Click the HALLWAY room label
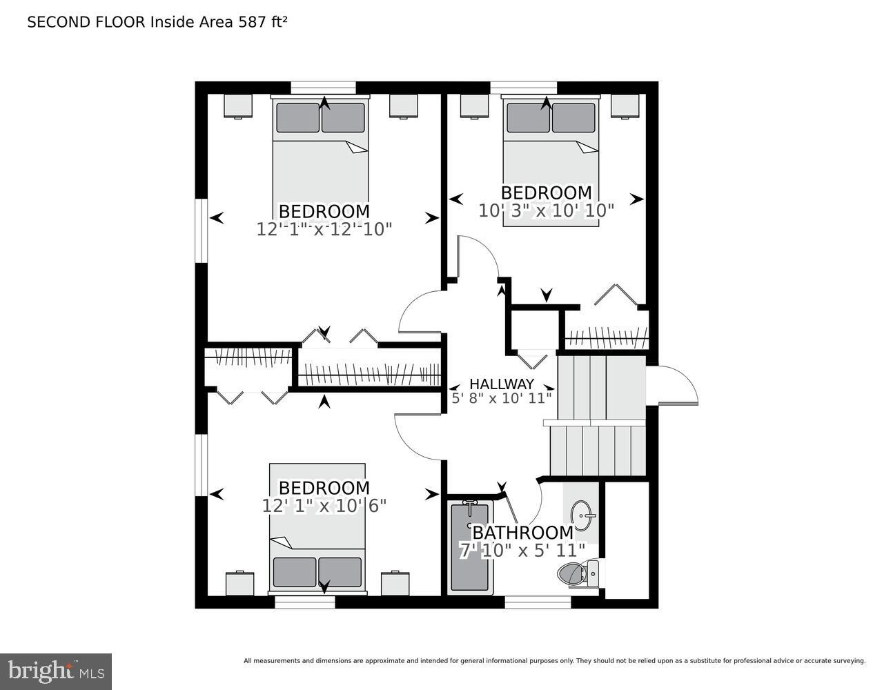pyautogui.click(x=502, y=384)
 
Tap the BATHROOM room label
pyautogui.click(x=522, y=533)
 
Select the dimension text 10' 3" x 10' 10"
pyautogui.click(x=546, y=210)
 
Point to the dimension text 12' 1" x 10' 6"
pyautogui.click(x=324, y=506)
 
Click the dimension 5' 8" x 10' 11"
pyautogui.click(x=502, y=398)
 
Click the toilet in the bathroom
pyautogui.click(x=577, y=573)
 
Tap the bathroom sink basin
pyautogui.click(x=583, y=515)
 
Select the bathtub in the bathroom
pyautogui.click(x=469, y=546)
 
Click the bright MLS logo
pyautogui.click(x=56, y=671)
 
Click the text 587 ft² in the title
pyautogui.click(x=262, y=22)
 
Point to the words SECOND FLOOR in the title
pyautogui.click(x=86, y=22)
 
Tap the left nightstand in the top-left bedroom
pyautogui.click(x=238, y=106)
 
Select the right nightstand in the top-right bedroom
pyautogui.click(x=625, y=106)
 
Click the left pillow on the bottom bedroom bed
pyautogui.click(x=295, y=572)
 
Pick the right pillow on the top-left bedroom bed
pyautogui.click(x=343, y=118)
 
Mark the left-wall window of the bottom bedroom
pyautogui.click(x=201, y=465)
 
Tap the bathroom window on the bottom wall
pyautogui.click(x=538, y=602)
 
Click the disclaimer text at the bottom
pyautogui.click(x=554, y=661)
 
